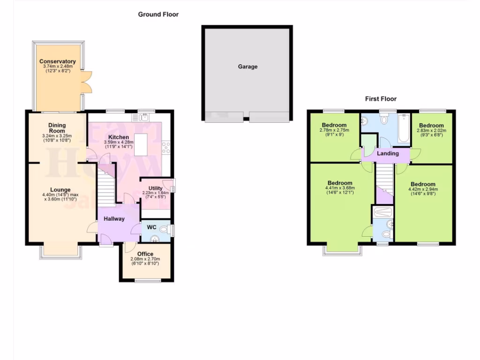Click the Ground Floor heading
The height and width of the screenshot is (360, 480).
(158, 15)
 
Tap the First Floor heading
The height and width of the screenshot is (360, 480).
(381, 99)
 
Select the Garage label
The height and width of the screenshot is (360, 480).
(247, 67)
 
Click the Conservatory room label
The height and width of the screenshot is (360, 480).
(58, 61)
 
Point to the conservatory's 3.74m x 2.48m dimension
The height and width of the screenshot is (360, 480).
(58, 67)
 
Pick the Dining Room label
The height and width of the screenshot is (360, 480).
(57, 128)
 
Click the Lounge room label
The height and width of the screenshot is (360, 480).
(60, 190)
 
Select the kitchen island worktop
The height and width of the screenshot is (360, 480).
(141, 144)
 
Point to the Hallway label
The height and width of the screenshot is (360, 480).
(114, 219)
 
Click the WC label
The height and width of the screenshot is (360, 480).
(151, 227)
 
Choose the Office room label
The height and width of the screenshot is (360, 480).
(145, 254)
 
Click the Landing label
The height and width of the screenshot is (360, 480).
(388, 153)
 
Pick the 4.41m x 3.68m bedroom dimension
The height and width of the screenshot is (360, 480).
(340, 188)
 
